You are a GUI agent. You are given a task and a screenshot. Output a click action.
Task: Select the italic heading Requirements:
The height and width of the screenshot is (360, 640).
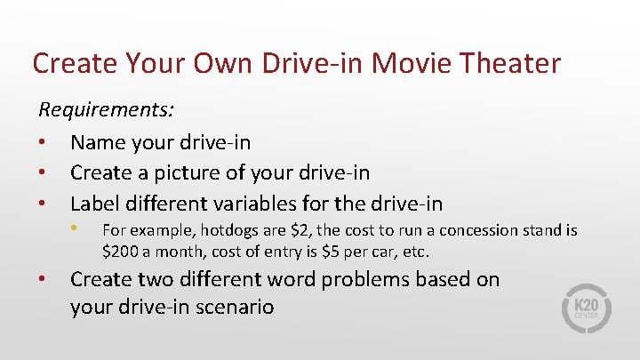coord(106,111)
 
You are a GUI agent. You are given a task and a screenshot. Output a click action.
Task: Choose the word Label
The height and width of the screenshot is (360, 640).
coord(97,203)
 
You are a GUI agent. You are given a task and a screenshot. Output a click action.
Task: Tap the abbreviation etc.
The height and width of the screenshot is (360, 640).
coord(416,251)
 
